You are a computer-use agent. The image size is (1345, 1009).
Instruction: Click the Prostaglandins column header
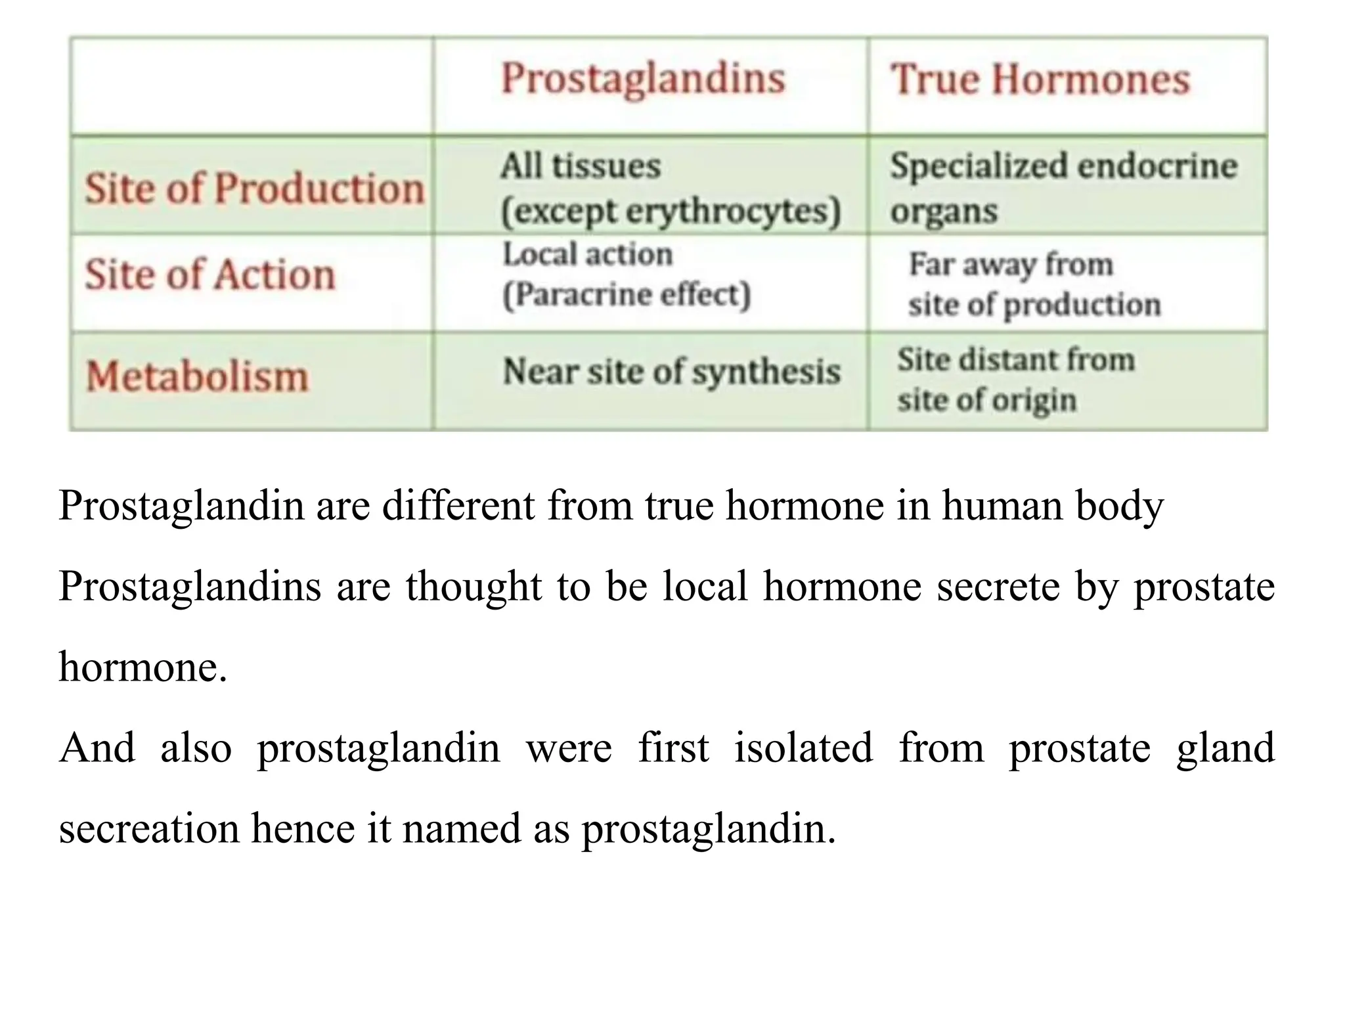pyautogui.click(x=643, y=79)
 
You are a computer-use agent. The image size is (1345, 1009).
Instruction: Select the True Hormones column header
pyautogui.click(x=1040, y=79)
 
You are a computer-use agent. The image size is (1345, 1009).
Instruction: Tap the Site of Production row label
pyautogui.click(x=254, y=189)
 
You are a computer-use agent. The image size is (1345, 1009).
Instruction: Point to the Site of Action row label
pyautogui.click(x=210, y=274)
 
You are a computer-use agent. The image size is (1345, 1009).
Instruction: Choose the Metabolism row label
pyautogui.click(x=197, y=377)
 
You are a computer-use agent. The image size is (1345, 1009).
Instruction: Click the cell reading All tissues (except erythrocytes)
pyautogui.click(x=670, y=189)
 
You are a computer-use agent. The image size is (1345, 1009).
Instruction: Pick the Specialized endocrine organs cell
pyautogui.click(x=1063, y=189)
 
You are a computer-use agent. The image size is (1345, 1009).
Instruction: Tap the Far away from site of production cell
pyautogui.click(x=1034, y=284)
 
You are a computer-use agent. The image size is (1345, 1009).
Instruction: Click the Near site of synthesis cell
pyautogui.click(x=671, y=372)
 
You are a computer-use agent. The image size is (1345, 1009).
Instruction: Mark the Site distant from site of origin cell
pyautogui.click(x=1016, y=380)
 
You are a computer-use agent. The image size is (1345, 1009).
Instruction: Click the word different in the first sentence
pyautogui.click(x=458, y=506)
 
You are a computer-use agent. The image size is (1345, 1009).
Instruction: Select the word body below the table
pyautogui.click(x=1119, y=506)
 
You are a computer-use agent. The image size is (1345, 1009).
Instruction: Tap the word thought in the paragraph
pyautogui.click(x=474, y=586)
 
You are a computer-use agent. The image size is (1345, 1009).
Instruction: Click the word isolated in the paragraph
pyautogui.click(x=803, y=748)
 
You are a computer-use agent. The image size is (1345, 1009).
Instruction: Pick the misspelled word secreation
pyautogui.click(x=149, y=828)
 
